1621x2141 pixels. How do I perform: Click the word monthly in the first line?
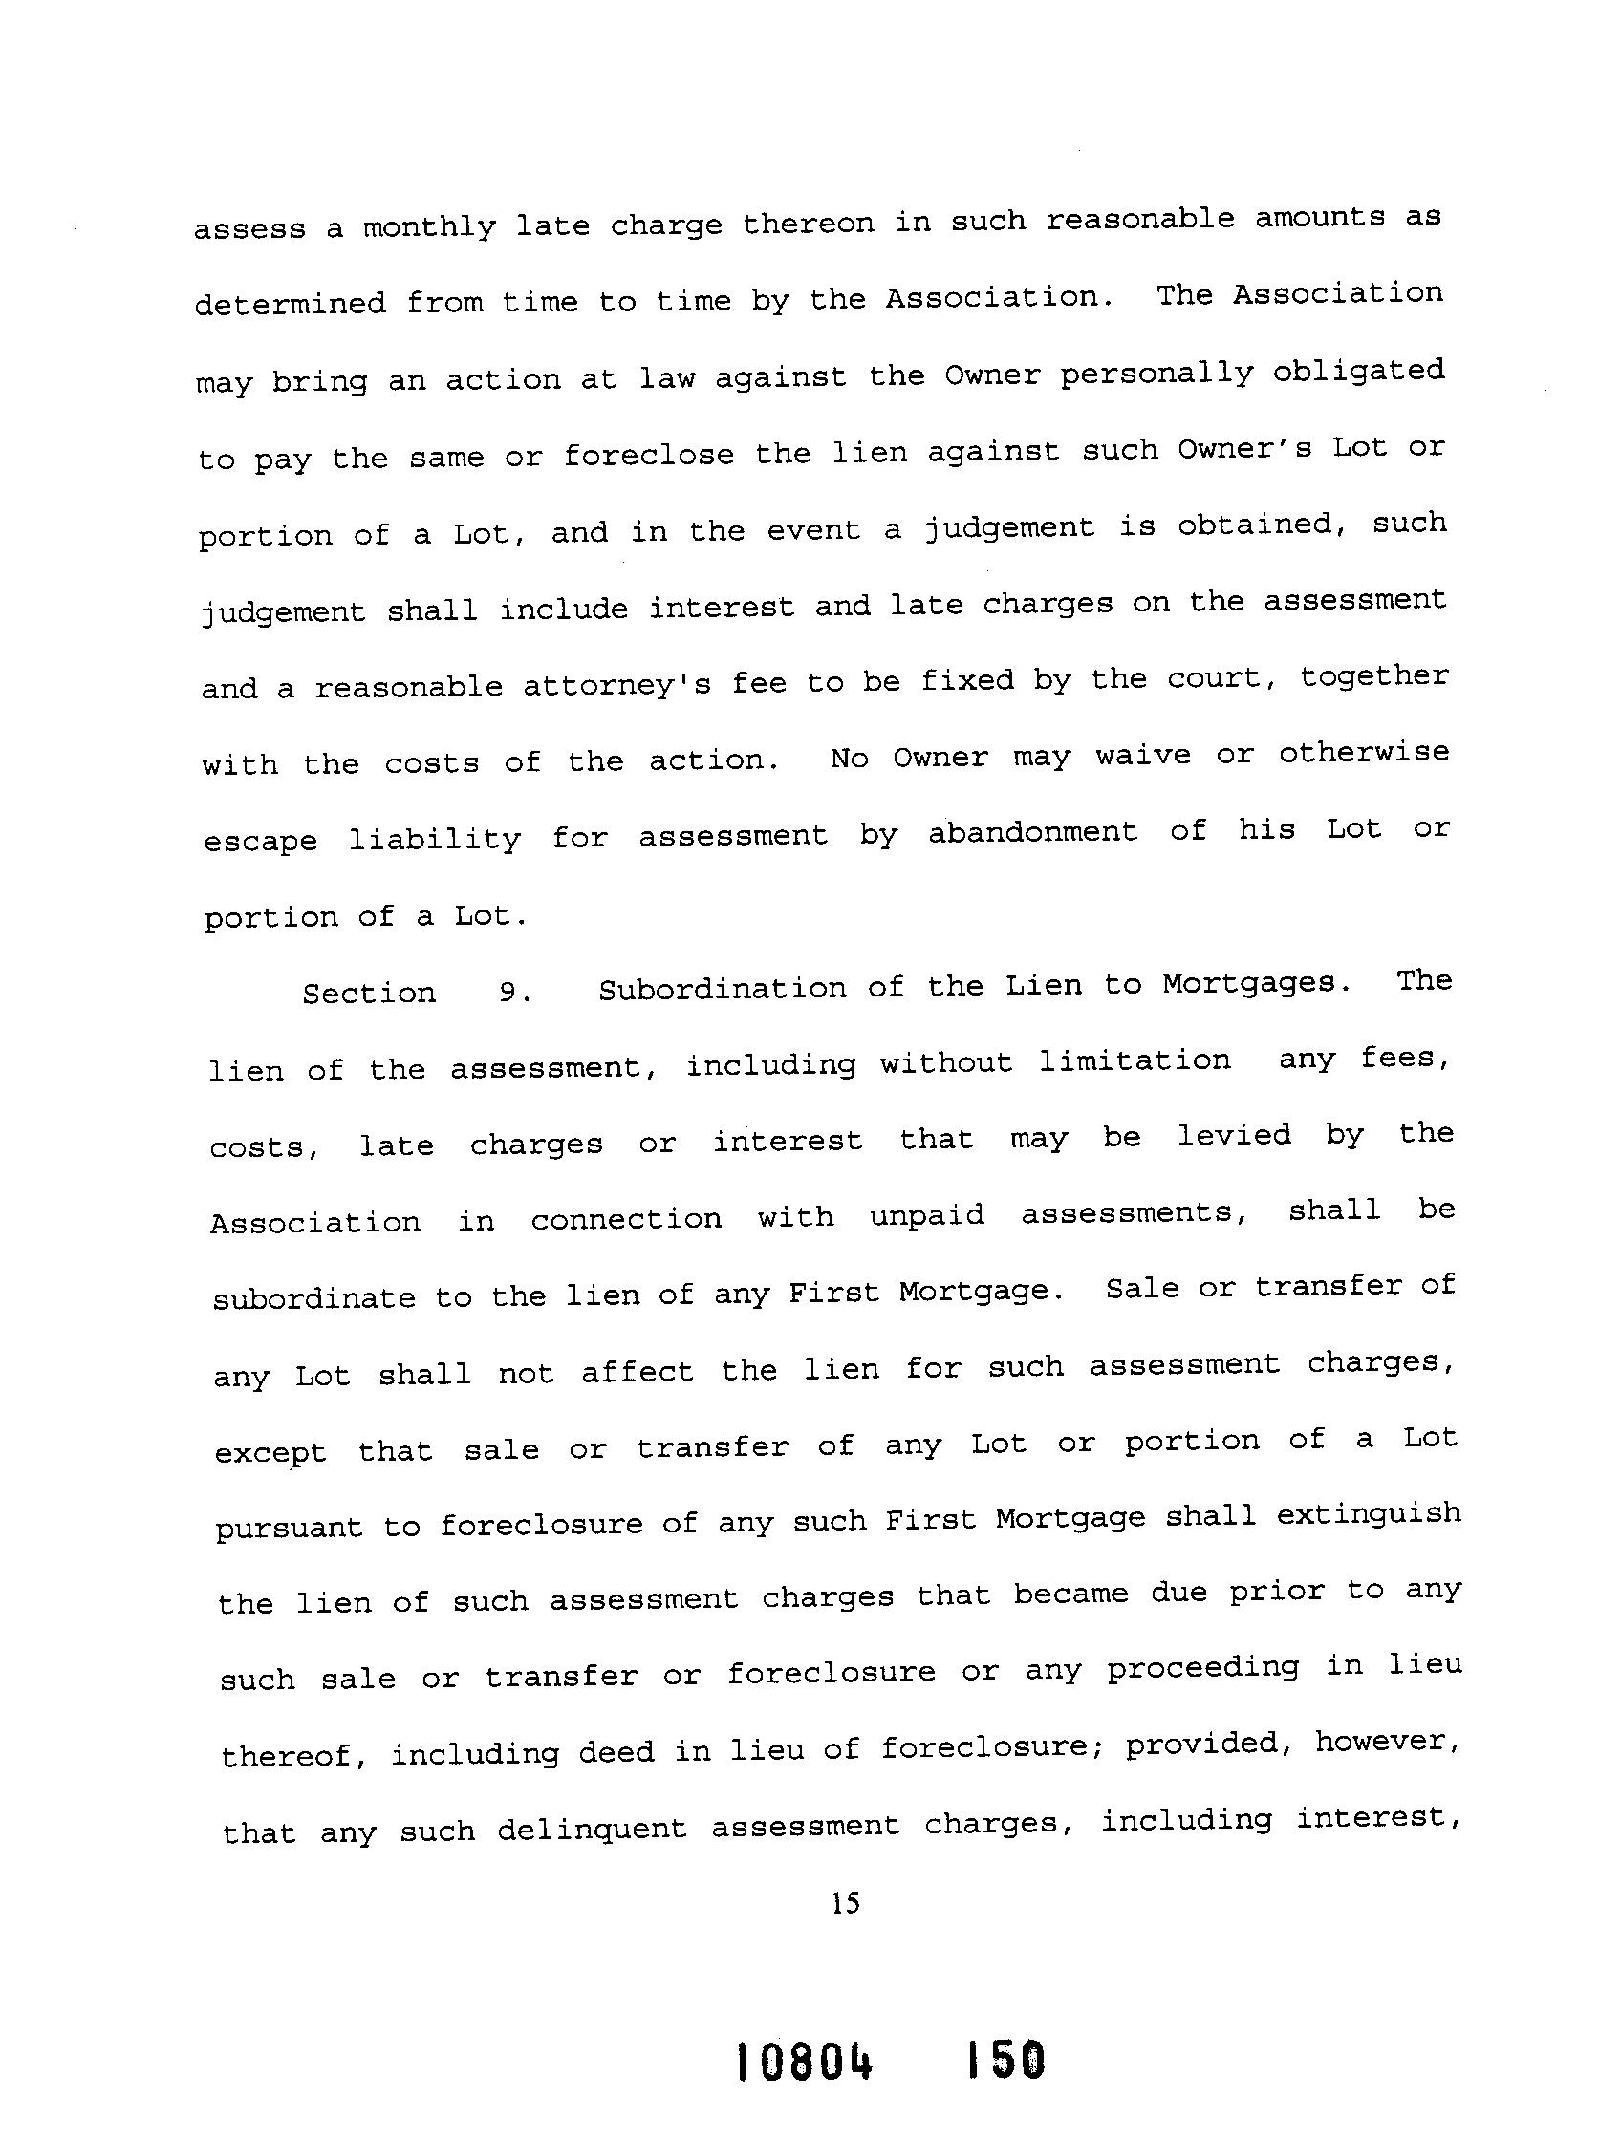click(429, 227)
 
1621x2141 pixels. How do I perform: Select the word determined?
click(290, 304)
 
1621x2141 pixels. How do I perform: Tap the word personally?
click(1156, 375)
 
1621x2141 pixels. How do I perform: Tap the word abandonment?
click(1032, 832)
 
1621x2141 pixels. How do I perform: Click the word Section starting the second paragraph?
click(369, 993)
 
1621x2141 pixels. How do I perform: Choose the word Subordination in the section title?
click(722, 989)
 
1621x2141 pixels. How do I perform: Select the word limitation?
click(1134, 1061)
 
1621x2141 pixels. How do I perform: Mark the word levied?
click(1234, 1136)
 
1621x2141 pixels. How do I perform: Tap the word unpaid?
click(927, 1214)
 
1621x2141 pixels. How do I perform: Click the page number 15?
click(844, 1904)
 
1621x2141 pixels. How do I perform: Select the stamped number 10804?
click(805, 2061)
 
